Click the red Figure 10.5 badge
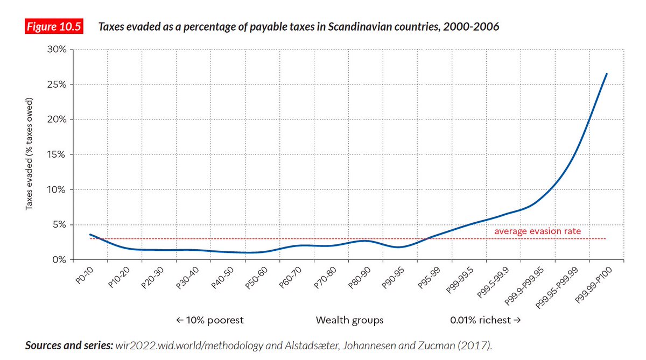point(54,27)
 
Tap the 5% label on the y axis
point(60,225)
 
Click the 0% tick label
point(60,260)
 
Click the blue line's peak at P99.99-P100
point(607,74)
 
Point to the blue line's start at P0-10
point(90,235)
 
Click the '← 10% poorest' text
point(210,320)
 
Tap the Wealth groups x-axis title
point(349,320)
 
